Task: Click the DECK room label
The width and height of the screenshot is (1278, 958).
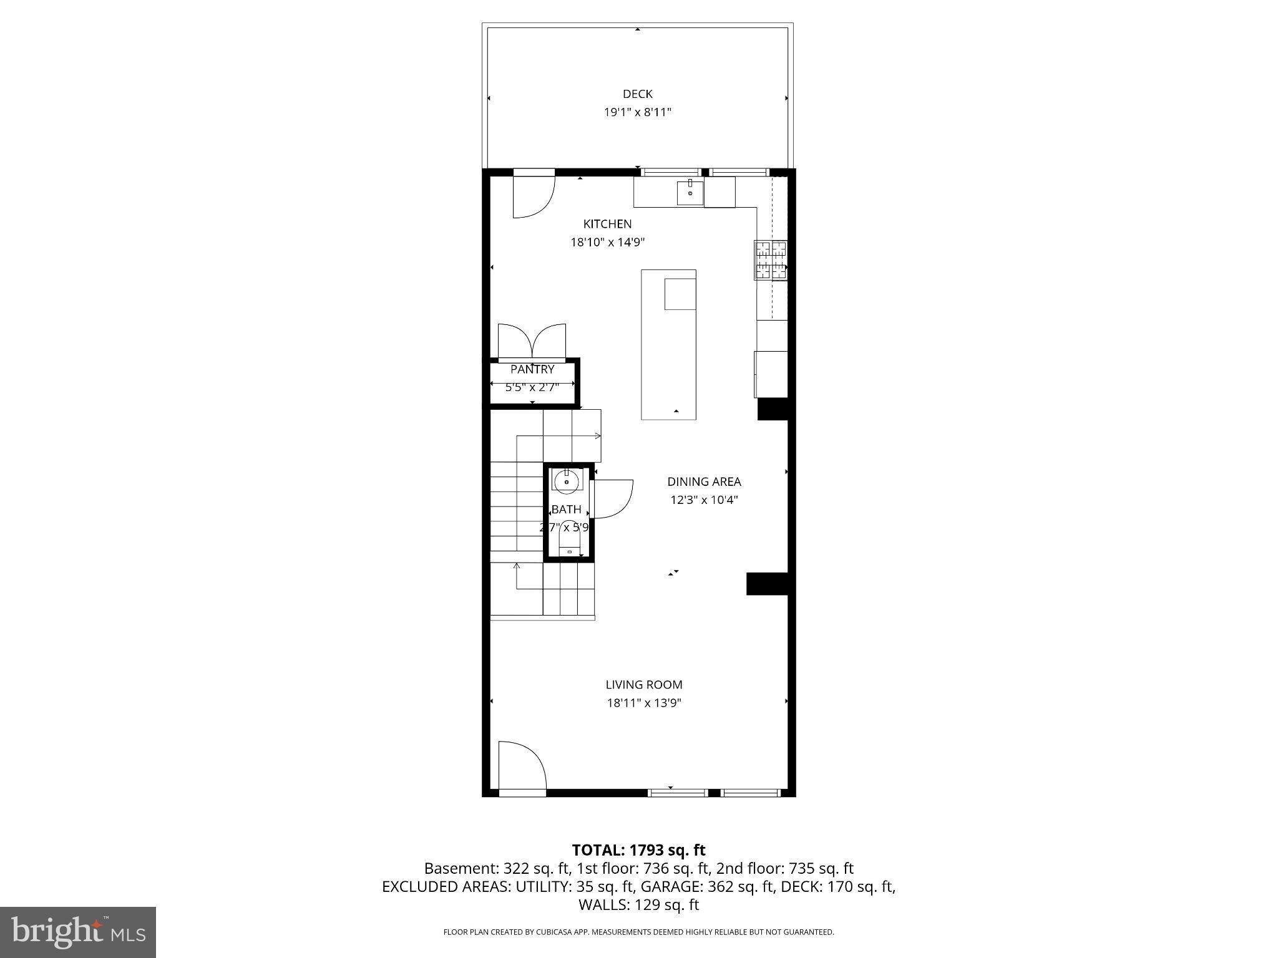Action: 637,94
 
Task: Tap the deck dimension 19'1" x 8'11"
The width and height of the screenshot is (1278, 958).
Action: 637,113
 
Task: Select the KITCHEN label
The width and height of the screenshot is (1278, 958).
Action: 607,224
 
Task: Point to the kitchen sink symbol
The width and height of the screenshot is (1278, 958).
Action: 690,192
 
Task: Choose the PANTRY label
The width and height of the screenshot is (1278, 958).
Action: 532,369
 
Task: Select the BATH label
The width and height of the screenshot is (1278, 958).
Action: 567,510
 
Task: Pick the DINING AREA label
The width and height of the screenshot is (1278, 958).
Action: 704,481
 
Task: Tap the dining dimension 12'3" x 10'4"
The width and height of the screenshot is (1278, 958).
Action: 704,500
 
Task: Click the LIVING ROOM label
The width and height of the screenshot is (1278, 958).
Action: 644,685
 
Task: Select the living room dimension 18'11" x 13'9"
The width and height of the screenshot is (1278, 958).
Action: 644,704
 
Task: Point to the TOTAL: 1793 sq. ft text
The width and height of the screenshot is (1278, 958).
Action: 638,850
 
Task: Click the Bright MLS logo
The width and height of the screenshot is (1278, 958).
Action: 78,932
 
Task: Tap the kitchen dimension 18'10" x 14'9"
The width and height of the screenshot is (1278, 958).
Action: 607,243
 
